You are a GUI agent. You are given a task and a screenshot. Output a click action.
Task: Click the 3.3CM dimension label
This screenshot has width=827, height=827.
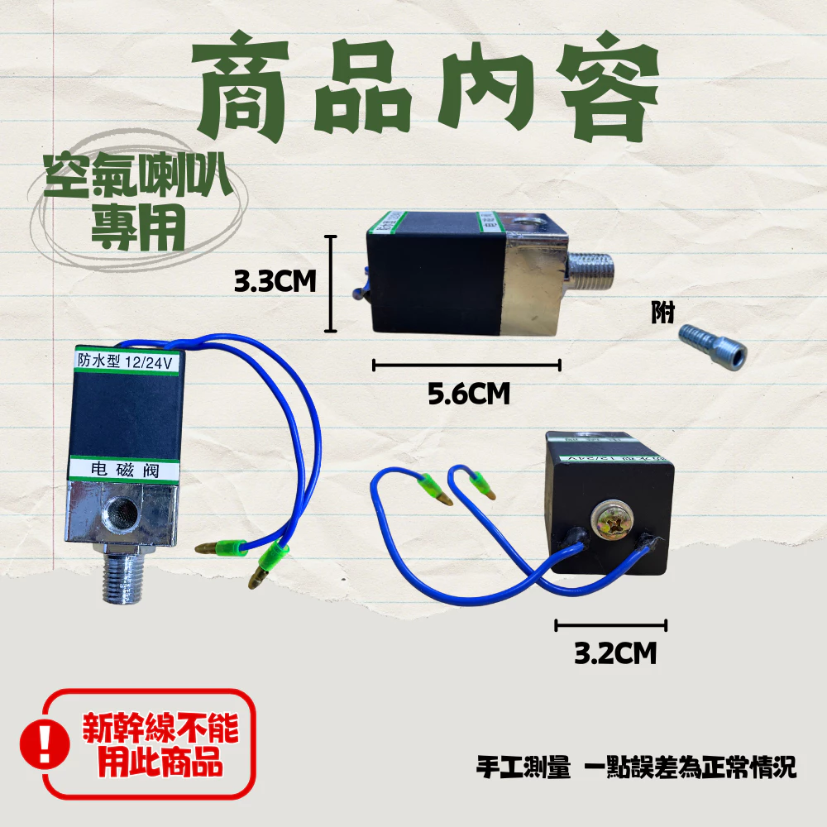275,283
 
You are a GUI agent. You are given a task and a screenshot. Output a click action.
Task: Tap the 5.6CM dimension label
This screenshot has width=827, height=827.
468,394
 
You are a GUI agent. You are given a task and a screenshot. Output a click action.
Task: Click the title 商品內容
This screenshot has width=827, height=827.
427,86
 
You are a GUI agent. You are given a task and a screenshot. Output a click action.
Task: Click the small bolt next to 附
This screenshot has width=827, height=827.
712,346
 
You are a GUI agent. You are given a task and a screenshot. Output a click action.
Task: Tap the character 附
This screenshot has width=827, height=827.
662,313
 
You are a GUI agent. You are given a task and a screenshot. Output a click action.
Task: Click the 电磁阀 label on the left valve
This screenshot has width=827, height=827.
125,470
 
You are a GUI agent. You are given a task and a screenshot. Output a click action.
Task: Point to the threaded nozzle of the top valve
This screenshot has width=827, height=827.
590,268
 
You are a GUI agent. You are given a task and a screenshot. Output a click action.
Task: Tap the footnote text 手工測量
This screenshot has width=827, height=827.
523,767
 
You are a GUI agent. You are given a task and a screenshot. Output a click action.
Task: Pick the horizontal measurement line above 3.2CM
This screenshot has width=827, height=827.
610,626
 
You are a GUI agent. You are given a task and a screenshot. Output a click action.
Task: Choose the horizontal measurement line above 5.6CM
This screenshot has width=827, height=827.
467,364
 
